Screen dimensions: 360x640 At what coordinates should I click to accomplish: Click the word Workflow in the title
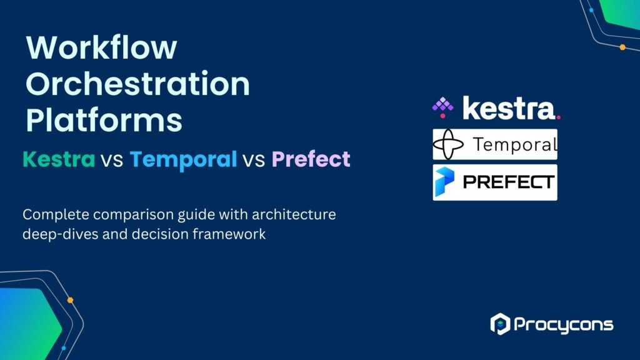pos(101,49)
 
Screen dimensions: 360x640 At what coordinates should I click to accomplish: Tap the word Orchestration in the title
pos(137,84)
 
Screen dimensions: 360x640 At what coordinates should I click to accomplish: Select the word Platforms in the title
pos(104,120)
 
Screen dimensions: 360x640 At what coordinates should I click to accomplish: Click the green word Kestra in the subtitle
pos(59,160)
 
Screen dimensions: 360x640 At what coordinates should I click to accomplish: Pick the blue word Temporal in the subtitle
pos(183,160)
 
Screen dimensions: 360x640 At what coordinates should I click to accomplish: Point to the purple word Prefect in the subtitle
pos(311,160)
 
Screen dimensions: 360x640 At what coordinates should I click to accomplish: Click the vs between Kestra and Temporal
pos(112,161)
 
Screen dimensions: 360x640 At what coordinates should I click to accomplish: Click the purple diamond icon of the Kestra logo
pos(442,107)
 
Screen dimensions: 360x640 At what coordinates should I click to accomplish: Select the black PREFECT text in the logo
pos(508,182)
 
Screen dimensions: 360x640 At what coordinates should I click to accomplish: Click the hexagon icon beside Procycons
pos(500,324)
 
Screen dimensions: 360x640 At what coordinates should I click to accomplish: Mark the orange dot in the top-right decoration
pos(622,47)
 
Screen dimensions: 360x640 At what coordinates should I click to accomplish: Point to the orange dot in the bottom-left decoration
pos(70,300)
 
